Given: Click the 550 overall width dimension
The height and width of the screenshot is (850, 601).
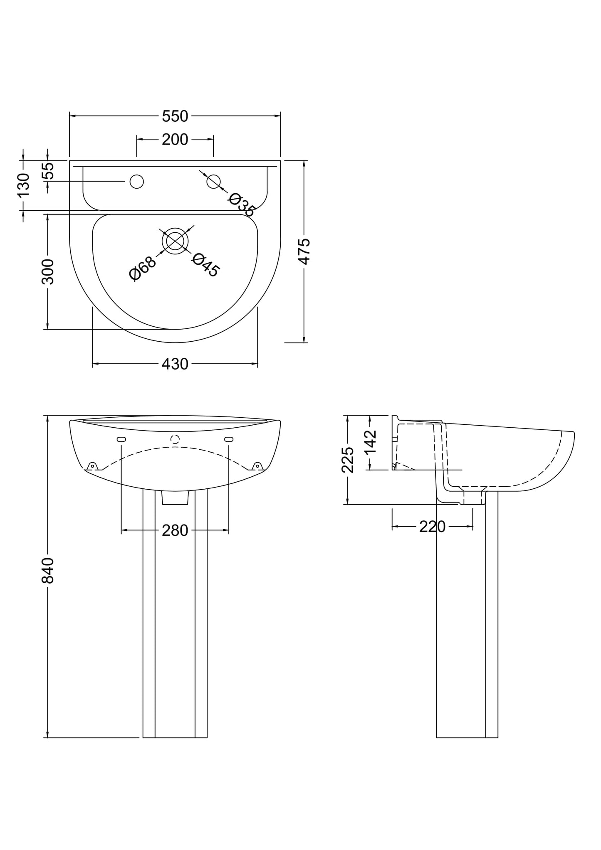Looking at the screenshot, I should coord(175,117).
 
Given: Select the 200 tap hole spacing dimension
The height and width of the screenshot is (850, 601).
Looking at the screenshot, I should coord(175,140).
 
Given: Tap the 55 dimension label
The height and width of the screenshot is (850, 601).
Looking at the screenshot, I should coord(49,171).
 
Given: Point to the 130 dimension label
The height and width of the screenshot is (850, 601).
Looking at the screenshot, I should coord(23,185).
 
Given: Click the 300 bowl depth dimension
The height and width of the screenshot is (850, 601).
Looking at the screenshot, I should coord(48,271).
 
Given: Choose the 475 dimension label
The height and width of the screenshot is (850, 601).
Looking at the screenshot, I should coord(304,251).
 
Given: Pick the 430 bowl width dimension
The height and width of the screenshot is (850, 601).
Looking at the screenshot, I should coord(175,364).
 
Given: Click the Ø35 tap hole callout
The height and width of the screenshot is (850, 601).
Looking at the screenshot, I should coord(241,204).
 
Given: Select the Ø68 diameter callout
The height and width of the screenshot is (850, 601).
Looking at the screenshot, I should coord(142,269).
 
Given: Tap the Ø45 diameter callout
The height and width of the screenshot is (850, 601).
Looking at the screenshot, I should coord(205,265).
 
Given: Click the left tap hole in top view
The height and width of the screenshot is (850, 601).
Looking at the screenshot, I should coord(137,182).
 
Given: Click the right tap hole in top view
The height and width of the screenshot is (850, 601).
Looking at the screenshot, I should coord(213,182).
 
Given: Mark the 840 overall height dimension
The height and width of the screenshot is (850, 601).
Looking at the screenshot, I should coord(48,570).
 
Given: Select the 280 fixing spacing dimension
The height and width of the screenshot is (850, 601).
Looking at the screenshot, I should coord(175,531).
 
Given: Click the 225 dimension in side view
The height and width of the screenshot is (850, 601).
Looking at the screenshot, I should coord(348,460).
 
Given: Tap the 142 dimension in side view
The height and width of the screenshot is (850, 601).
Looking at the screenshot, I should coord(370,442).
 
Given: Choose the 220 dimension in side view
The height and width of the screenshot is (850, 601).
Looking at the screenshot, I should coord(432,527).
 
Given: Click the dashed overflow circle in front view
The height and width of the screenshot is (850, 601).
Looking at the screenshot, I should coord(175,439).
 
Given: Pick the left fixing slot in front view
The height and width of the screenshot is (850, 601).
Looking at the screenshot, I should coord(121,439).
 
